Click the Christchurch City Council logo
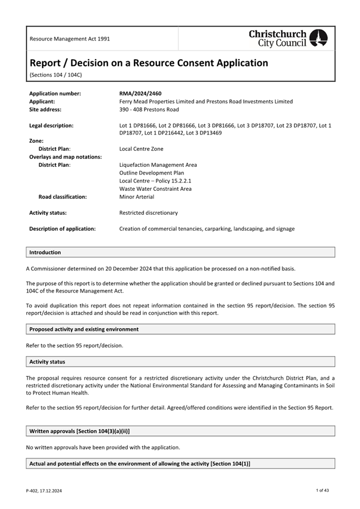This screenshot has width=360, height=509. (x=289, y=38)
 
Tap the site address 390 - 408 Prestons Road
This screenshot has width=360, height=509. (x=149, y=110)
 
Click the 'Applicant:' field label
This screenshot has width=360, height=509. (x=42, y=102)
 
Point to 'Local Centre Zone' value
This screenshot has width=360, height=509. (x=141, y=149)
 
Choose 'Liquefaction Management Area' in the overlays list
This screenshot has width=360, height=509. (x=158, y=165)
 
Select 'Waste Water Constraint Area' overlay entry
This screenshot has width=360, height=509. (x=155, y=189)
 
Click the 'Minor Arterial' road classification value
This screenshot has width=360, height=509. (x=137, y=197)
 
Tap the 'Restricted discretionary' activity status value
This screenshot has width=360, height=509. (x=148, y=213)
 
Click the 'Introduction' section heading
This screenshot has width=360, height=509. (x=45, y=253)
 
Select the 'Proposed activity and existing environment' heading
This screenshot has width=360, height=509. (x=84, y=329)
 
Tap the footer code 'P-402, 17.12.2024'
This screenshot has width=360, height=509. (x=44, y=490)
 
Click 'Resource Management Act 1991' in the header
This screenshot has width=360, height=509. (x=70, y=39)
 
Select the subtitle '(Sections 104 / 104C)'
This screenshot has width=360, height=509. (x=55, y=75)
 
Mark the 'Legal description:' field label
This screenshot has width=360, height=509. (x=51, y=126)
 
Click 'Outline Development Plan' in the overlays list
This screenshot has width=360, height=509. (x=151, y=173)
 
